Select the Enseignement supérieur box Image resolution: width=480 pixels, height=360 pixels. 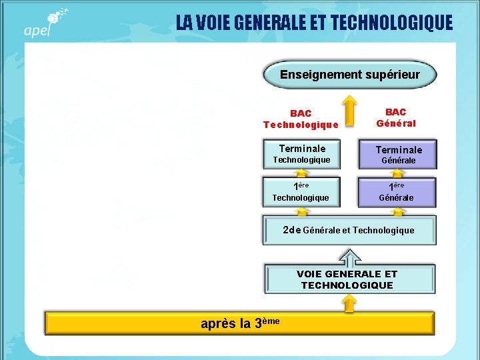(x=349, y=75)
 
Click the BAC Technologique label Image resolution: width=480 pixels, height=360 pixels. (x=301, y=119)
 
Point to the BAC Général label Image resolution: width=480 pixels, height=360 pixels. (x=395, y=117)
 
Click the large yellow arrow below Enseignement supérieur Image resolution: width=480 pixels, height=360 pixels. (x=349, y=109)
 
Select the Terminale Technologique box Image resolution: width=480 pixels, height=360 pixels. (x=302, y=154)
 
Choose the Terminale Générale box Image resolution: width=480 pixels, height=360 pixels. (x=398, y=155)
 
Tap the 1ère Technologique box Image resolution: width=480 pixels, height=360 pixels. (x=302, y=191)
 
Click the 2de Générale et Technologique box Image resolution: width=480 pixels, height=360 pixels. (x=349, y=230)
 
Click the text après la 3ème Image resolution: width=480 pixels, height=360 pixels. (x=240, y=323)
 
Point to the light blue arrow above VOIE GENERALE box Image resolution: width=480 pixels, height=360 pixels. (x=349, y=257)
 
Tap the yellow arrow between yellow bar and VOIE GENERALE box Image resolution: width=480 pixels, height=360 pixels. (x=349, y=303)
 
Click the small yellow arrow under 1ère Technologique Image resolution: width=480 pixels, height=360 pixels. (x=302, y=211)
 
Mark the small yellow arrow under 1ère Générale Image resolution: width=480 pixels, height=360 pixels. (x=398, y=211)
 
